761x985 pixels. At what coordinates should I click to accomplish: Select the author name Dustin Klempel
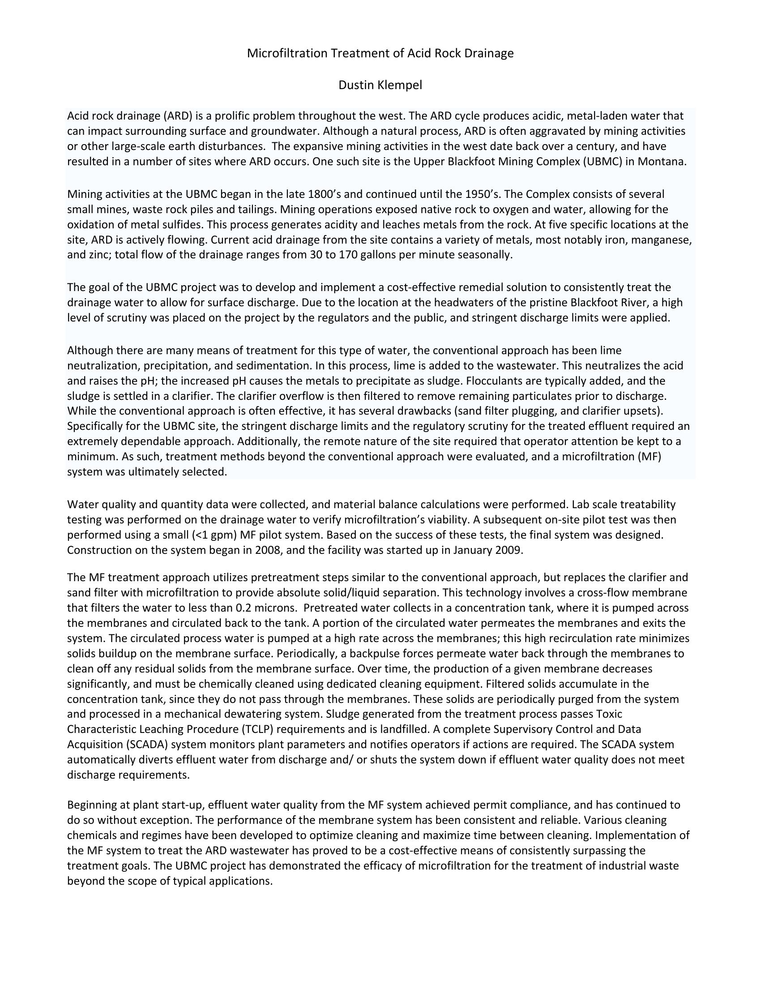[x=380, y=85]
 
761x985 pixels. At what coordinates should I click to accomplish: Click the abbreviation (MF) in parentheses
[x=649, y=457]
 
